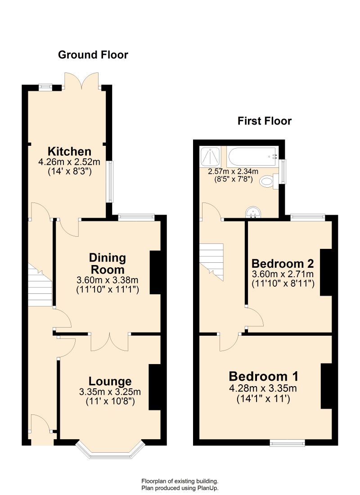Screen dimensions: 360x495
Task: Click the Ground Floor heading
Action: (x=93, y=55)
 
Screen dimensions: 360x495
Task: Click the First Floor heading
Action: (x=265, y=121)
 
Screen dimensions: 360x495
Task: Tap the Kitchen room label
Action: (x=69, y=151)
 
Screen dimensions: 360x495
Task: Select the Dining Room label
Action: (x=108, y=264)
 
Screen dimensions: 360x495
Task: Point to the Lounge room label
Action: (x=110, y=381)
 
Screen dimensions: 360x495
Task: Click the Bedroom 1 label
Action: (x=264, y=376)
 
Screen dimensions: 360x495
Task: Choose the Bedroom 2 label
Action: (x=283, y=263)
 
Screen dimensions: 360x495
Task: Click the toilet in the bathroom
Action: (x=270, y=181)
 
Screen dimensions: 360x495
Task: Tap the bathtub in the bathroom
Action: (x=252, y=157)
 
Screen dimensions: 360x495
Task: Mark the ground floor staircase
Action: (x=40, y=285)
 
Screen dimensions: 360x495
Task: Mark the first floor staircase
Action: (x=211, y=262)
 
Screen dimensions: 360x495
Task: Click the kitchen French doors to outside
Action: (x=82, y=81)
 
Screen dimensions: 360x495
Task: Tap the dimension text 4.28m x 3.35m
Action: (x=263, y=388)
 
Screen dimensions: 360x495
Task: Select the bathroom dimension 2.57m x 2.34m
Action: (x=233, y=172)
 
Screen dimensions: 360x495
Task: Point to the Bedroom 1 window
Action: (x=288, y=443)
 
